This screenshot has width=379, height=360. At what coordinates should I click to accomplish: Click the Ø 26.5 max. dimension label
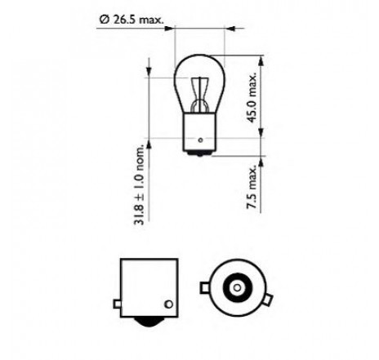[x=132, y=20]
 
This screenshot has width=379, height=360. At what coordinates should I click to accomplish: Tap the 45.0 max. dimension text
[x=252, y=97]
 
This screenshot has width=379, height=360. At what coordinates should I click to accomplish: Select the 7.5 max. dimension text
[x=252, y=187]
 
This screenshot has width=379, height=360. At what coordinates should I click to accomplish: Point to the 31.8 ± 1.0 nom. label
[x=139, y=185]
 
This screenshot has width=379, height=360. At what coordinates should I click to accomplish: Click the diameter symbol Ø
[x=104, y=20]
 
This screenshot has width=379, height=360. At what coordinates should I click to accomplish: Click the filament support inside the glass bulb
[x=200, y=96]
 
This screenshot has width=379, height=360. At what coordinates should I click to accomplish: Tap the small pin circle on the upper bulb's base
[x=200, y=140]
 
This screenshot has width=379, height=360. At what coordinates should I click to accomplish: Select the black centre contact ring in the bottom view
[x=237, y=287]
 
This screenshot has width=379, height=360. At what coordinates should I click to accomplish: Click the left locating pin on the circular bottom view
[x=204, y=287]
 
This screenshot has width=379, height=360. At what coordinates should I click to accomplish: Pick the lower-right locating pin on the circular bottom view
[x=268, y=300]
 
